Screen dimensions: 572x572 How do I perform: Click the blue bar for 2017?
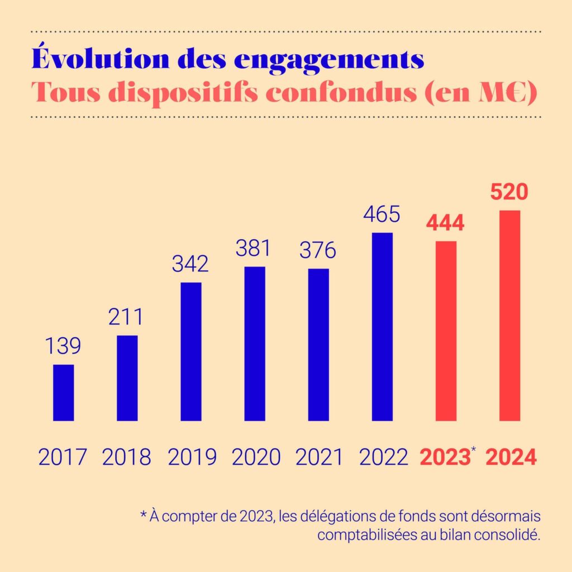pos(63,392)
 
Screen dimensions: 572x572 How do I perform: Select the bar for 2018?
pos(127,378)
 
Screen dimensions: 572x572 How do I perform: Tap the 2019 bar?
pos(191,351)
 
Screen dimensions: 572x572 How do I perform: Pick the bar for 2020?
pos(255,344)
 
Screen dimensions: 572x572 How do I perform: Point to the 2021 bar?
pos(318,345)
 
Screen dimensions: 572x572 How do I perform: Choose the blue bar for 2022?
pos(382,326)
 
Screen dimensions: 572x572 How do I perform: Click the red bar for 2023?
pos(446,331)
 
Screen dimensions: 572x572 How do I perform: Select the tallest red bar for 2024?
pos(509,316)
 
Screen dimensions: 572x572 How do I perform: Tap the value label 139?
pos(63,346)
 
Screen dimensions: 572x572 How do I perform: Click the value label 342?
pos(190,264)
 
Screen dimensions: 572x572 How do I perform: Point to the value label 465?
pos(382,214)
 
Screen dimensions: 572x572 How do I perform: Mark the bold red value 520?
pos(509,193)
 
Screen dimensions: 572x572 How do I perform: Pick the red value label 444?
pos(445,223)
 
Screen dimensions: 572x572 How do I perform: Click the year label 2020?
pos(255,457)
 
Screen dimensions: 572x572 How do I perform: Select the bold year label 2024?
pos(511,457)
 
